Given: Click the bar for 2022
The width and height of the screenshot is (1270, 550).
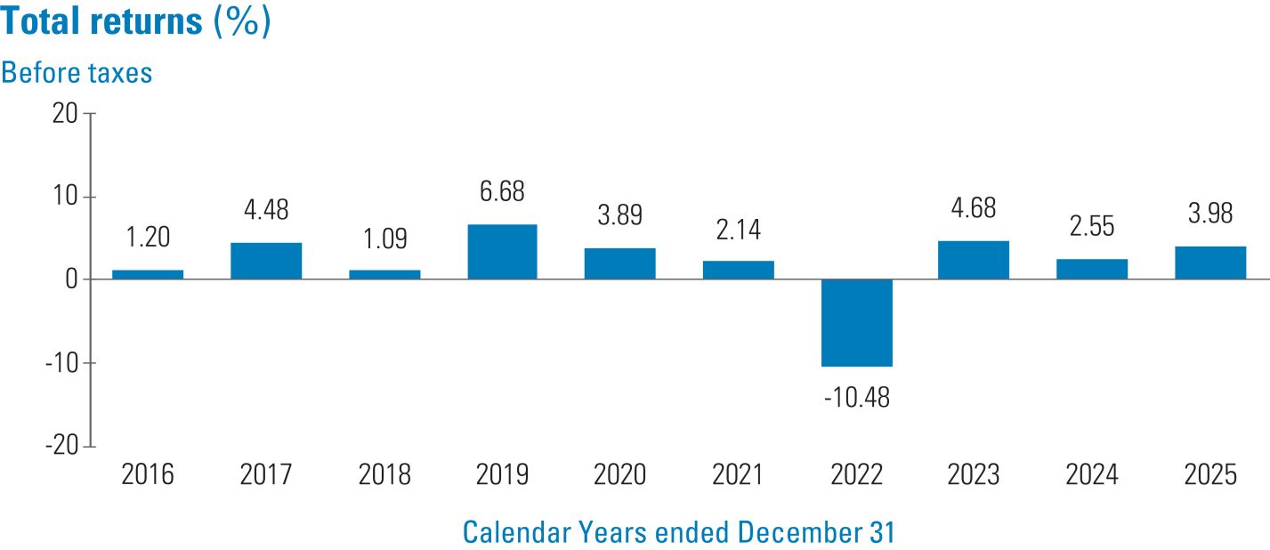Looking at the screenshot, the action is (x=857, y=323).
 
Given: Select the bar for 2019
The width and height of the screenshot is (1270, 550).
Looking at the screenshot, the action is (x=502, y=252).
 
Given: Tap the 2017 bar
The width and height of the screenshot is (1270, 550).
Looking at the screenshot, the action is (x=266, y=261).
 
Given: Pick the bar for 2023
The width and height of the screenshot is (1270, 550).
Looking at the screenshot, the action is (x=974, y=260).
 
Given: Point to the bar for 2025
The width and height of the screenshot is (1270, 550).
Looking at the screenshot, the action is (x=1210, y=263).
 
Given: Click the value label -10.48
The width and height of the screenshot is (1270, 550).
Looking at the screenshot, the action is (x=857, y=398).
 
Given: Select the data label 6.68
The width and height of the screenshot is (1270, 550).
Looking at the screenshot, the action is (x=502, y=191).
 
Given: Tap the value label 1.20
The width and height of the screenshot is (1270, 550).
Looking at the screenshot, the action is (x=148, y=237).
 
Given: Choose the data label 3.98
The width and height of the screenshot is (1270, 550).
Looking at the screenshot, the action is (x=1210, y=214).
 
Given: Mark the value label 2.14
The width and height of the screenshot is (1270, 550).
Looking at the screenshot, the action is (x=738, y=230).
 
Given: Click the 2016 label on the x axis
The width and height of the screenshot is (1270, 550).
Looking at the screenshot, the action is (x=148, y=474).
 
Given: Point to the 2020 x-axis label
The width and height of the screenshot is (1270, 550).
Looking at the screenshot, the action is (x=619, y=474).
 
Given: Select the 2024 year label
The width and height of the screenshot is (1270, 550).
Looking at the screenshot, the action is (x=1092, y=474).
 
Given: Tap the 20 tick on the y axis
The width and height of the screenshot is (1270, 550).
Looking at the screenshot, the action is (x=65, y=114).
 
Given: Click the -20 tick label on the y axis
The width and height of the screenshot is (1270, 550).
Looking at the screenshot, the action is (x=61, y=446).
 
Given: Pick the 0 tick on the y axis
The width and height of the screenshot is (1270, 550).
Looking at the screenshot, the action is (x=71, y=279).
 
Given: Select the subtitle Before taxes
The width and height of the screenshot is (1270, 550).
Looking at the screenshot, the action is (x=77, y=73).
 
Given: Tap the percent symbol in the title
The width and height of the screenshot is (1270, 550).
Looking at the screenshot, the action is (x=243, y=21).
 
